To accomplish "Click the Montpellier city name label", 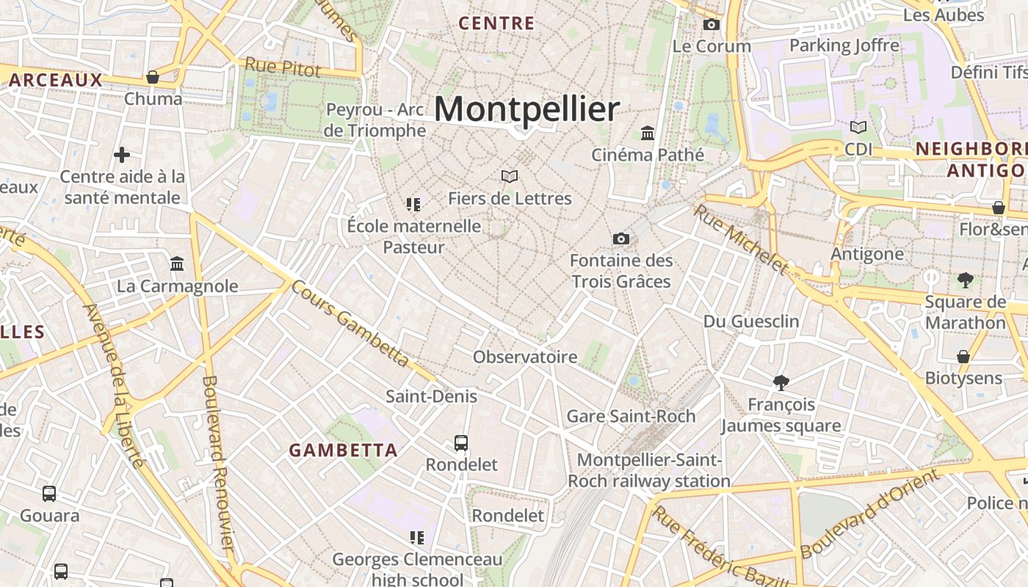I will pos(526,109).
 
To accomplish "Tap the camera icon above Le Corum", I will pos(711,25).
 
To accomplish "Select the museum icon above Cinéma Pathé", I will pos(648,133).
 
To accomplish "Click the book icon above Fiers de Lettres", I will pos(510,176).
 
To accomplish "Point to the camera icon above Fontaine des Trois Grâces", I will pos(620,238).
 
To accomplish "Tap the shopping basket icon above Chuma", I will pos(153,77).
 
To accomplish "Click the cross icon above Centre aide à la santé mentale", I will pos(122,155).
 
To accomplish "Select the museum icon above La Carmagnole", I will pos(177,263).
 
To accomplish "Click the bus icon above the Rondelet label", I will pos(461,443).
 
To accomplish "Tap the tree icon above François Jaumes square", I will pos(781,382).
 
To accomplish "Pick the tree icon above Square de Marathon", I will pos(965,280).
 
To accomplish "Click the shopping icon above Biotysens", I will pos(963,357).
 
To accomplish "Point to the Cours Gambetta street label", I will pos(350,323).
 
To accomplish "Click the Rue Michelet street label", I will pos(742,240).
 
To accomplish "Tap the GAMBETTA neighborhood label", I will pos(343,450).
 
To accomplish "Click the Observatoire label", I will pos(525,357).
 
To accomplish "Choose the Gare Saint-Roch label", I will pos(631,417).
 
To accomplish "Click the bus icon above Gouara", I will pos(49,494).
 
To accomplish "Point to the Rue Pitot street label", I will pos(283,67).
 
